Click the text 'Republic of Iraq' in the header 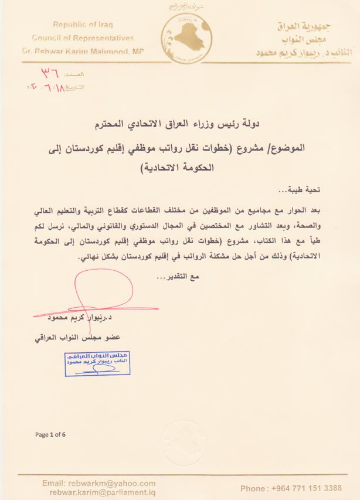coord(83,25)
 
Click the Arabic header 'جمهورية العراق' coord(303,26)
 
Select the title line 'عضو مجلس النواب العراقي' coord(69,338)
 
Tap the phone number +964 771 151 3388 coord(291,488)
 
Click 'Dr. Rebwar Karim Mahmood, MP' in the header coord(87,51)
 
